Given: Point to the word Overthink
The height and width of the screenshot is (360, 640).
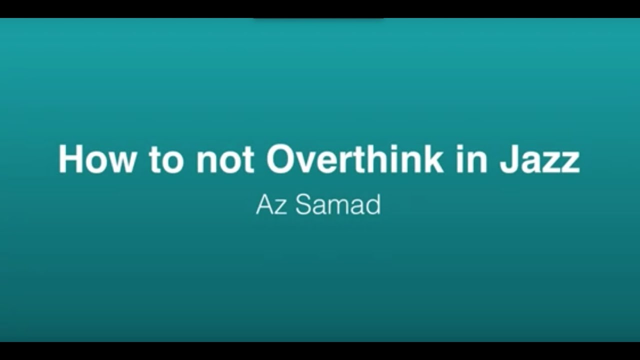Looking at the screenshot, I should tap(354, 159).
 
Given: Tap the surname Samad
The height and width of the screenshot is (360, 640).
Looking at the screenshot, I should tap(338, 205).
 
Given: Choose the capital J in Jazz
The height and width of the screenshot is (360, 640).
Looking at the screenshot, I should tap(509, 159).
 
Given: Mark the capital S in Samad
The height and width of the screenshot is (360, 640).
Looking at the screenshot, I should tap(303, 205).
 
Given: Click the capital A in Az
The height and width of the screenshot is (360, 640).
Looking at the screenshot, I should tap(264, 205).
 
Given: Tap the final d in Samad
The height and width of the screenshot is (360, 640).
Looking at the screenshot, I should tap(372, 205).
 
